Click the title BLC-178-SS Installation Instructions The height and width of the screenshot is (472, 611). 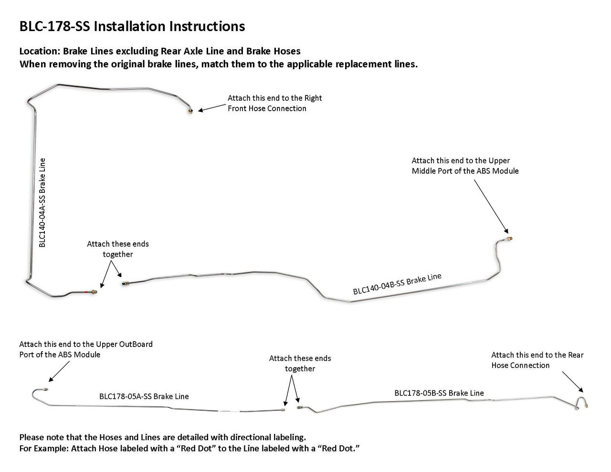(x=132, y=26)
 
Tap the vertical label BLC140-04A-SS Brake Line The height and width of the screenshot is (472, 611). (x=42, y=202)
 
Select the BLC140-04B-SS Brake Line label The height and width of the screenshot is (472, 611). (x=397, y=285)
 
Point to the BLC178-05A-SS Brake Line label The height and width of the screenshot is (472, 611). (x=144, y=396)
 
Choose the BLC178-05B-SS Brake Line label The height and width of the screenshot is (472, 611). (x=439, y=393)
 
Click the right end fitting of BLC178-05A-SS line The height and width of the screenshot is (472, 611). (x=284, y=409)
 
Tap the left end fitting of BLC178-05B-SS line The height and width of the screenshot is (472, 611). (x=300, y=408)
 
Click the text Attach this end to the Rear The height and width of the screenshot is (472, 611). (x=537, y=355)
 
